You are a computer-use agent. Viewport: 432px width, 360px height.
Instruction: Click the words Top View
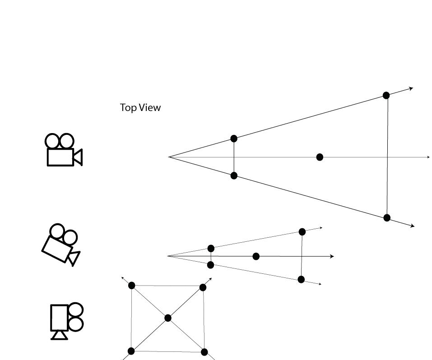pos(140,108)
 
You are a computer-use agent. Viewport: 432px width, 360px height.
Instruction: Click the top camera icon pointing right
pos(63,150)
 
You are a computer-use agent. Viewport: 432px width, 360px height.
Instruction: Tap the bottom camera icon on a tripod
pos(66,321)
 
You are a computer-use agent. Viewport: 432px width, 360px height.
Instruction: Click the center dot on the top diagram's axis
pos(320,157)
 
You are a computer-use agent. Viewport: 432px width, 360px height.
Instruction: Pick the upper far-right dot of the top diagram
pos(386,95)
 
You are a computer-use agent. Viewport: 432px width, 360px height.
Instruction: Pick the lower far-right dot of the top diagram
pos(387,218)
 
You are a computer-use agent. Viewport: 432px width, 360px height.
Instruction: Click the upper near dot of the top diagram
pos(234,138)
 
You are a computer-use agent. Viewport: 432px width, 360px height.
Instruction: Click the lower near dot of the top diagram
pos(234,175)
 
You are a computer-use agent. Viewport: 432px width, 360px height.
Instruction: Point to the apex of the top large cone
pos(169,157)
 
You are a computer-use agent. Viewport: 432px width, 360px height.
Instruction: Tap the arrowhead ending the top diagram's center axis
pos(428,157)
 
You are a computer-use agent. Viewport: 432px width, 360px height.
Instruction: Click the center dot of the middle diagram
pos(256,256)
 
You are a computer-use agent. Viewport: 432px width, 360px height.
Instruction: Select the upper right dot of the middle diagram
pos(302,232)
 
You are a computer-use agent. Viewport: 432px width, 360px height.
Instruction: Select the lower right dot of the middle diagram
pos(301,280)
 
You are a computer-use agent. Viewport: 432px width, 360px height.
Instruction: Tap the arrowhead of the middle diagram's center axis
pos(332,256)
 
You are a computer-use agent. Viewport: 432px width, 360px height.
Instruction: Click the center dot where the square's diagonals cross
pos(168,318)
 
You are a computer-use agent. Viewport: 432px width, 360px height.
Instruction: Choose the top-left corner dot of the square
pos(131,286)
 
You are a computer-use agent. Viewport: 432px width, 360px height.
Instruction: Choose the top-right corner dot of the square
pos(203,287)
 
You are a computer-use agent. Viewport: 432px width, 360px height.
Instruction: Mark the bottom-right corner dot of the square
pos(204,352)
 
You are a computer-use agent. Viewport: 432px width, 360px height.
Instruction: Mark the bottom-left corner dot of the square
pos(131,351)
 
